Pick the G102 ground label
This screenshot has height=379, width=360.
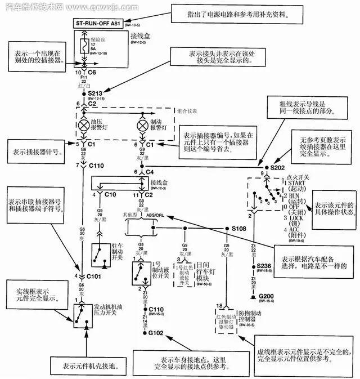[156, 333]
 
